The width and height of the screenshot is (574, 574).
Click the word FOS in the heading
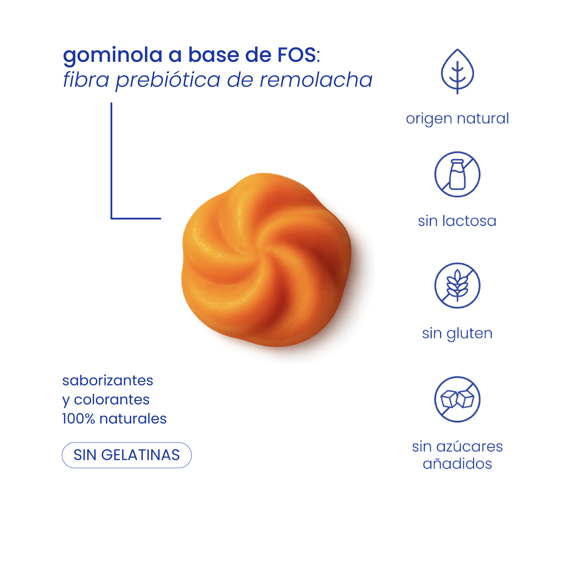[x=297, y=55]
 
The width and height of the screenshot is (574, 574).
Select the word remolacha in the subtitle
[x=316, y=80]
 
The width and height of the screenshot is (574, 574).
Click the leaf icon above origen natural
[x=457, y=71]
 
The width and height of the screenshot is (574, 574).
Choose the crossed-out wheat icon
[x=457, y=286]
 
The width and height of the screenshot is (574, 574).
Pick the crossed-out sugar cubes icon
[x=457, y=399]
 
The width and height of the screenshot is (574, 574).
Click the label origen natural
[x=457, y=119]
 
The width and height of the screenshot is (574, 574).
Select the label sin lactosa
[x=457, y=221]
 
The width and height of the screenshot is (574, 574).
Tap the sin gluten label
[x=457, y=334]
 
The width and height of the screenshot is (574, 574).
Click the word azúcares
[x=470, y=447]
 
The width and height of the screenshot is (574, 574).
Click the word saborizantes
[x=108, y=381]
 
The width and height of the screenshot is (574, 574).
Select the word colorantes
[x=112, y=400]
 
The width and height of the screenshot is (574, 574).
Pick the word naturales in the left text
[x=133, y=419]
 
